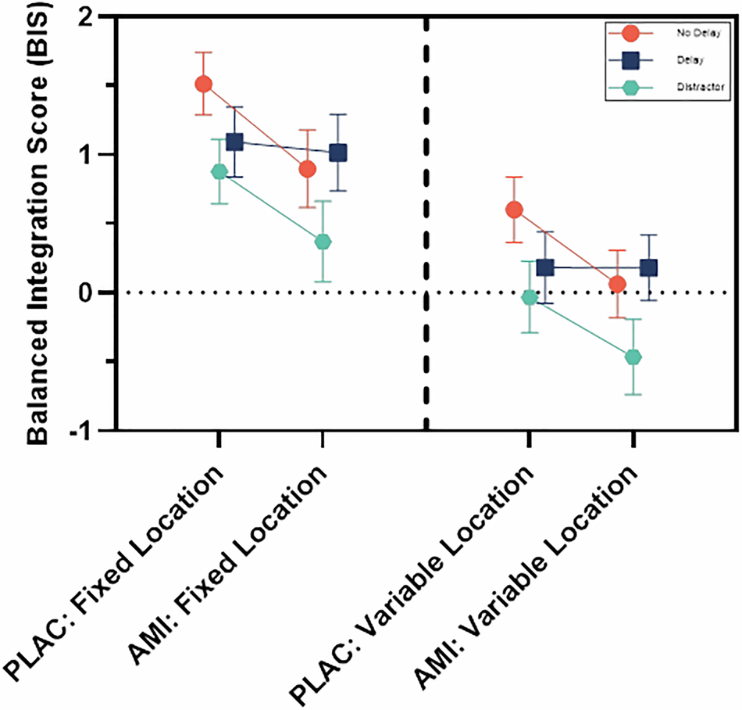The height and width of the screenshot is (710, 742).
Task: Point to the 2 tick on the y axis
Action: [101, 16]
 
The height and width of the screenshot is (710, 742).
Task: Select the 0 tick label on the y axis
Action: [101, 292]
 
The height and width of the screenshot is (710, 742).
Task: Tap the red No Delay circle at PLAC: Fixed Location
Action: [203, 84]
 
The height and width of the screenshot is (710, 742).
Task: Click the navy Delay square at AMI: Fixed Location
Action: [337, 152]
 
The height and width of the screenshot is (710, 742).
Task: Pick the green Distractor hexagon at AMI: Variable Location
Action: [633, 357]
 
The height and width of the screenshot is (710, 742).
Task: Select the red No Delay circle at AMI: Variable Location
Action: [618, 284]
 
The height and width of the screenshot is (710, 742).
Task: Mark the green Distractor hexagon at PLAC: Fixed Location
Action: [219, 172]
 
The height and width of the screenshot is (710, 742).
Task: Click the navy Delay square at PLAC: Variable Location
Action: [545, 267]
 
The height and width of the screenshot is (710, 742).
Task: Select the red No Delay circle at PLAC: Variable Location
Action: [514, 210]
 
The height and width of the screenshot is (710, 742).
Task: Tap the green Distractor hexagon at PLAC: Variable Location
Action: [530, 297]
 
